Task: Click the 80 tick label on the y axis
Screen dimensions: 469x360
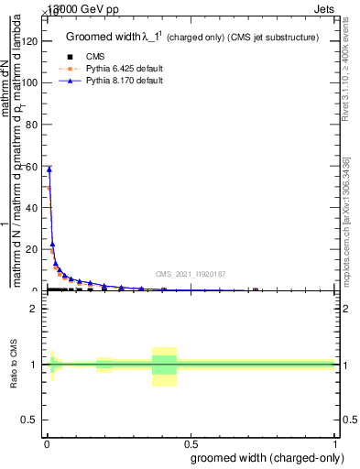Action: [x=32, y=125]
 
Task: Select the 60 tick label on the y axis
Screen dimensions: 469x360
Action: [x=32, y=166]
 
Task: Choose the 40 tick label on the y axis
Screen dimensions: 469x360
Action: [x=32, y=208]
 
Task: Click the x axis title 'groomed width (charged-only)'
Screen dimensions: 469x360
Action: [x=265, y=457]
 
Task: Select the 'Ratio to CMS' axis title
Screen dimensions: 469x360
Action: [x=15, y=365]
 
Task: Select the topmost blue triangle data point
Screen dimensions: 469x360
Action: [x=49, y=169]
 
